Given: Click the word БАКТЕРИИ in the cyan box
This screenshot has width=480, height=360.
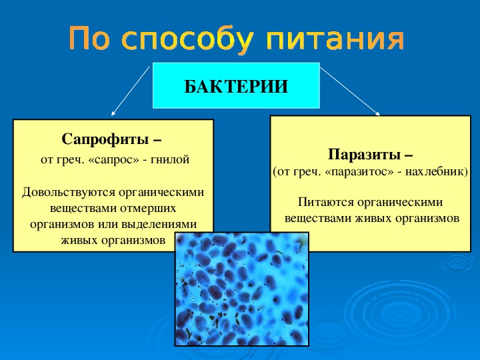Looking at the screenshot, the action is (x=236, y=87).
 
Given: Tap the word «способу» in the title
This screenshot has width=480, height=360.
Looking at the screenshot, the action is (x=187, y=40).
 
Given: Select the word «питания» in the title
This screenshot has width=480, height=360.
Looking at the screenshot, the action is (x=335, y=39).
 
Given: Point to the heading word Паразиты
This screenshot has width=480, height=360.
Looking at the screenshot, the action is (x=364, y=154).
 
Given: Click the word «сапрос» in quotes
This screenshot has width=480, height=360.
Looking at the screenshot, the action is (x=113, y=160).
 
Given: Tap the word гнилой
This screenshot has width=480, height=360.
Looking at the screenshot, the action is (x=170, y=159).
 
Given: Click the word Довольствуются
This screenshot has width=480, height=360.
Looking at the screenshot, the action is (x=68, y=193).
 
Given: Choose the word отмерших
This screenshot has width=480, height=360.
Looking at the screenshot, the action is (x=148, y=209).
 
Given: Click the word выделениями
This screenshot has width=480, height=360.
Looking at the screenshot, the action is (x=159, y=225).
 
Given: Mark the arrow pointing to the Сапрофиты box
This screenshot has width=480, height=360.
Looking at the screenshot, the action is (x=131, y=91).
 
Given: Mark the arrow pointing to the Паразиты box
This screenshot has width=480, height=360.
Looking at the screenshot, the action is (x=350, y=91).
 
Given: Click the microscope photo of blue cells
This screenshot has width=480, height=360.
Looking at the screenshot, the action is (x=242, y=289).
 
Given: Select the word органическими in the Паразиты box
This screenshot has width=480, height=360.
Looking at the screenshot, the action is (x=400, y=203).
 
